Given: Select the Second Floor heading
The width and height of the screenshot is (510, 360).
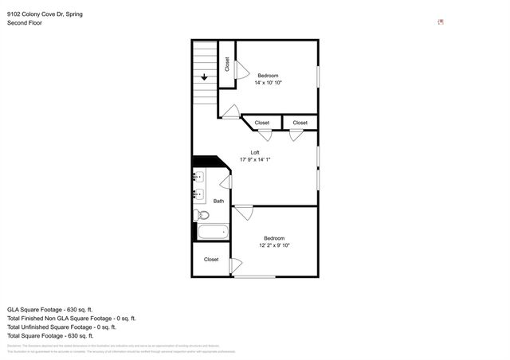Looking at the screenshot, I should (25, 23).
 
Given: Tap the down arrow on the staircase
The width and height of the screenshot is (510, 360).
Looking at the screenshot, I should (205, 77).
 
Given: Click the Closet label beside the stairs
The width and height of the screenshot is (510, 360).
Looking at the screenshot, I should (227, 65).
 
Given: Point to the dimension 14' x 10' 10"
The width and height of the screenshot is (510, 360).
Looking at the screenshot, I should (268, 82).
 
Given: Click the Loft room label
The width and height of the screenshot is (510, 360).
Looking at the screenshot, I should (255, 152).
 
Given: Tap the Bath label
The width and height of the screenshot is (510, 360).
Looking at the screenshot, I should (218, 202).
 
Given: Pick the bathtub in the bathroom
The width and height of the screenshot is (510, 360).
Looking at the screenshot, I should (213, 233).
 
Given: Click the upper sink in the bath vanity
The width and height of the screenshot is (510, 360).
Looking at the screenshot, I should (198, 177).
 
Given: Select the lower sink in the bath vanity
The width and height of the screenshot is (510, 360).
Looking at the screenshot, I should (198, 194).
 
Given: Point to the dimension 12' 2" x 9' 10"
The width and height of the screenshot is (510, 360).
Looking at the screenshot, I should (274, 246).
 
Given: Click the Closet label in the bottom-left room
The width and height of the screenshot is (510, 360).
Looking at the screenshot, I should (211, 259).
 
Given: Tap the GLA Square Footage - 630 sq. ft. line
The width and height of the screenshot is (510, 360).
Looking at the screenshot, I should (50, 309).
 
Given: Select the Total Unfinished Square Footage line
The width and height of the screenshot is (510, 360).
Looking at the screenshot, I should (61, 327).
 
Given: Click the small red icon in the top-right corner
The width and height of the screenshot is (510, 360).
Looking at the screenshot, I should (441, 23).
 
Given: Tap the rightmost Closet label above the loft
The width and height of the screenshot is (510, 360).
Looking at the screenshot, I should (300, 123).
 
